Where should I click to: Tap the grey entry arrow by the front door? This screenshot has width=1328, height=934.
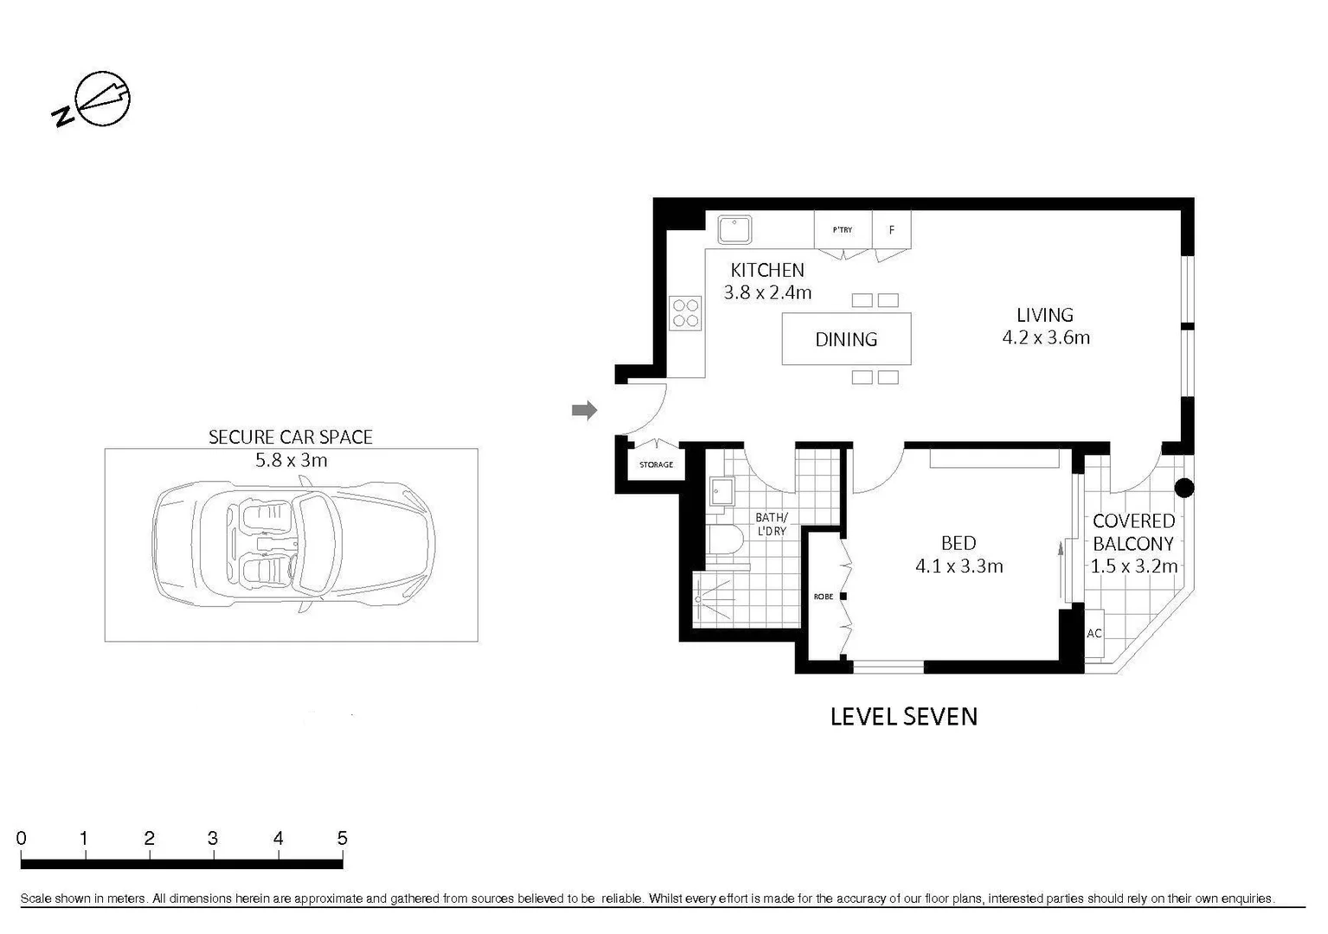pos(585,410)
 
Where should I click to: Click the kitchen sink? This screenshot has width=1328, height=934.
pos(735,230)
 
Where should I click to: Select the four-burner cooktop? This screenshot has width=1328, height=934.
pos(686,313)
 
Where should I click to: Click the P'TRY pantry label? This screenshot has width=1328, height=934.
pos(842,230)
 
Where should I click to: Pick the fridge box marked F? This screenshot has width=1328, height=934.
pos(891,230)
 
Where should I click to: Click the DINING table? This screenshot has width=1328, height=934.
pos(846,339)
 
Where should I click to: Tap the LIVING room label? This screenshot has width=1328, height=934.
pos(1044,315)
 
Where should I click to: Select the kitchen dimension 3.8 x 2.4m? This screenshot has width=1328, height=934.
pos(767,292)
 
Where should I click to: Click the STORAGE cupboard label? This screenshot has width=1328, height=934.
pos(656,465)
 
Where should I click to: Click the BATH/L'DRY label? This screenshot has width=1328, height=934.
pos(771,524)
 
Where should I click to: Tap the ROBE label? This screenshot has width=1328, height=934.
pos(823,597)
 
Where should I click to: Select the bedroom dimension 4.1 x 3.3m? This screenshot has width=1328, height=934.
pos(959,566)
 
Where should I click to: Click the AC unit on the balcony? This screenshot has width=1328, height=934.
pos(1094,633)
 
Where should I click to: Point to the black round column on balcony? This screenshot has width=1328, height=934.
pos(1184,488)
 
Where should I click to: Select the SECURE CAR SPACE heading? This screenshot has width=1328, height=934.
pos(291,438)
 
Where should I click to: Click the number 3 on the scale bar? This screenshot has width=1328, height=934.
pos(213,838)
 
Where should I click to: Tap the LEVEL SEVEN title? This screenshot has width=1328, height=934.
pos(903,716)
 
